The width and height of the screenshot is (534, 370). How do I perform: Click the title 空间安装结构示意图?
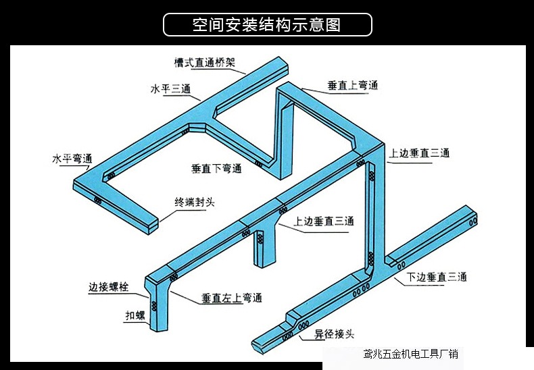pyautogui.click(x=267, y=25)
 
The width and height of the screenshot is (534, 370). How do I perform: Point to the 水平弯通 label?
pyautogui.click(x=72, y=159)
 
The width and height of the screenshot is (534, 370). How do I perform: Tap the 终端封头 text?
pyautogui.click(x=195, y=202)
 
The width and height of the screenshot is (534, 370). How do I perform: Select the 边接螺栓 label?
pyautogui.click(x=107, y=287)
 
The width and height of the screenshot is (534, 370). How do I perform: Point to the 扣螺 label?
pyautogui.click(x=135, y=315)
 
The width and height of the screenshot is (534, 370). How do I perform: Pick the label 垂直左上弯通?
pyautogui.click(x=232, y=298)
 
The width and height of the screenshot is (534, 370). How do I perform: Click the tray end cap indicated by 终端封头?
pyautogui.click(x=154, y=224)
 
